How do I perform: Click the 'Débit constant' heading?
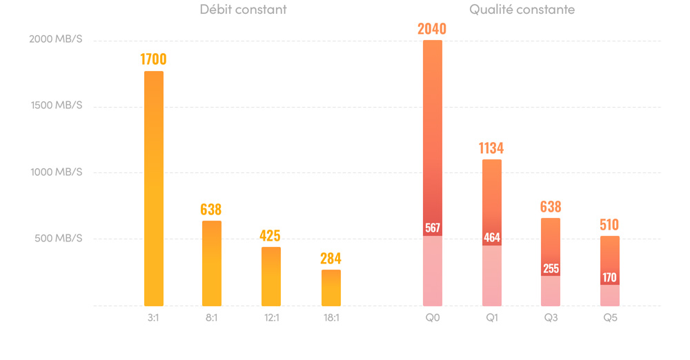pyautogui.click(x=243, y=10)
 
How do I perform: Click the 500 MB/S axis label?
pyautogui.click(x=58, y=239)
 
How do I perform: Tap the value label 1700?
pyautogui.click(x=153, y=59)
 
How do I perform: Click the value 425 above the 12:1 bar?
pyautogui.click(x=270, y=235)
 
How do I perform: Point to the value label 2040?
pyautogui.click(x=432, y=28)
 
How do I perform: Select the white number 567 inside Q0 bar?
pyautogui.click(x=433, y=228)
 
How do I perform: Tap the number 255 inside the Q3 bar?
pyautogui.click(x=551, y=268)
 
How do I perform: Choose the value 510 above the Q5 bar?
pyautogui.click(x=609, y=224)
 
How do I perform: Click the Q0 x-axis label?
pyautogui.click(x=433, y=318)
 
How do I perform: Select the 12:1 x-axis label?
pyautogui.click(x=271, y=318)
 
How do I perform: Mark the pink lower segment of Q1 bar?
pyautogui.click(x=492, y=276)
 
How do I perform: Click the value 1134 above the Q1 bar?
pyautogui.click(x=491, y=148)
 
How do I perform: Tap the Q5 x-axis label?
pyautogui.click(x=610, y=318)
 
